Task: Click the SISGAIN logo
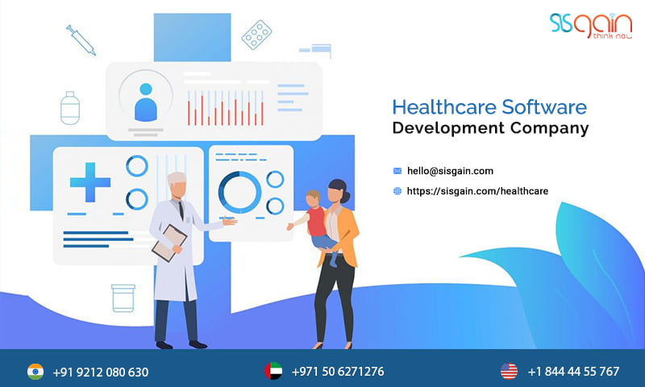(591, 26)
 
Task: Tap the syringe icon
(81, 40)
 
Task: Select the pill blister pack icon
(256, 35)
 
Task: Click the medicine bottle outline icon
(70, 108)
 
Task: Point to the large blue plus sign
(90, 182)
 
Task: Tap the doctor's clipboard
(169, 243)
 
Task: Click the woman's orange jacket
(340, 235)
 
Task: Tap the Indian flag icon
(35, 372)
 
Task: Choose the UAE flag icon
(273, 371)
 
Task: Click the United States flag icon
(509, 371)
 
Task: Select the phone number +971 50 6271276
(338, 372)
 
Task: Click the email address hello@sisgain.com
(450, 171)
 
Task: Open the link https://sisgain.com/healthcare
(477, 191)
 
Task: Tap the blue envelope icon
(397, 171)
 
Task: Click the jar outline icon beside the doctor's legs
(123, 298)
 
